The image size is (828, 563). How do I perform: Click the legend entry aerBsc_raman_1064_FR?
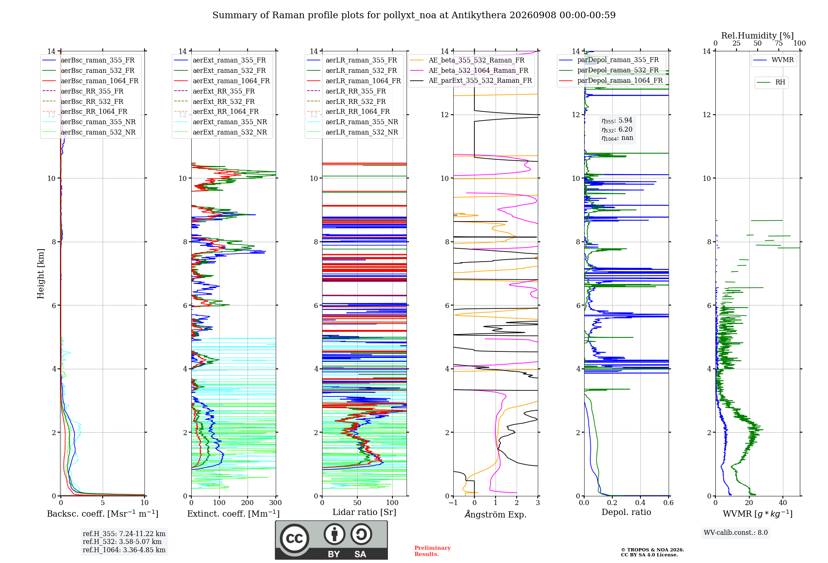[x=90, y=81]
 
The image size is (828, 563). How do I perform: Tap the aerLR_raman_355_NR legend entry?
[x=352, y=122]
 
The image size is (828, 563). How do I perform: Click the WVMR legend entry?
[x=773, y=60]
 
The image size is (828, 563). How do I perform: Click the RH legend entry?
[x=771, y=82]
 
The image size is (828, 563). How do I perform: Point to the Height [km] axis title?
[x=41, y=274]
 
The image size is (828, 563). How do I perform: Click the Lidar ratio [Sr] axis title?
[x=364, y=512]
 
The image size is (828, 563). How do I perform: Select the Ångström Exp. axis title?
[x=496, y=514]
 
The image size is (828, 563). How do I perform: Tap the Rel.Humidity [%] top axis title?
[x=758, y=36]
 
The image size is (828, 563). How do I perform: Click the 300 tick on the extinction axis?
[x=275, y=503]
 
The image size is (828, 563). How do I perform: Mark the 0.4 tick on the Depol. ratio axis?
[x=640, y=503]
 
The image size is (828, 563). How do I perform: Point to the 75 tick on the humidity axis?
[x=779, y=43]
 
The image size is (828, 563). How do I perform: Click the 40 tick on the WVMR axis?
[x=783, y=503]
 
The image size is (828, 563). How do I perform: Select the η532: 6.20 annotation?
[x=617, y=129]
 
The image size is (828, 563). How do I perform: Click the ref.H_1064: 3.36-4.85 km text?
[x=124, y=550]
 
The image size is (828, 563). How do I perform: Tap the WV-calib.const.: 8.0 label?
[x=736, y=533]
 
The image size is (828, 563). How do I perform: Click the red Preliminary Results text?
[x=433, y=551]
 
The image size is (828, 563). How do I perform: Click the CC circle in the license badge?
[x=294, y=539]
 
